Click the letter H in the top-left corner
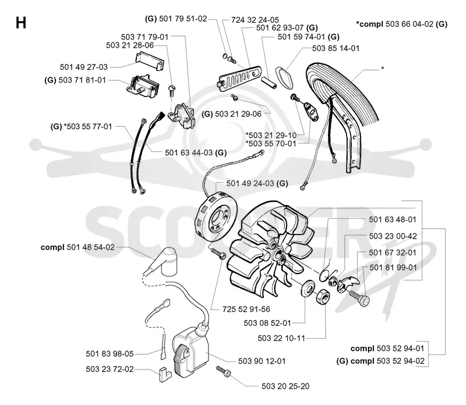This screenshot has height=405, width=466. pyautogui.click(x=21, y=23)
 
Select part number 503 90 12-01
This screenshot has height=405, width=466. pyautogui.click(x=262, y=361)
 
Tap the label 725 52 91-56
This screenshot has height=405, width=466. pyautogui.click(x=246, y=309)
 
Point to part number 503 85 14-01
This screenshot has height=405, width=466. pyautogui.click(x=336, y=48)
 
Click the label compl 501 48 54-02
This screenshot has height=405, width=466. pyautogui.click(x=77, y=247)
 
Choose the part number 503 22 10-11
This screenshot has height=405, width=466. pyautogui.click(x=281, y=338)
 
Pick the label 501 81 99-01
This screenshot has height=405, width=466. pyautogui.click(x=393, y=268)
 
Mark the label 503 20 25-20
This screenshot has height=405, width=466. pyautogui.click(x=285, y=386)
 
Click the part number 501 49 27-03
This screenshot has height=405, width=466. pyautogui.click(x=83, y=67)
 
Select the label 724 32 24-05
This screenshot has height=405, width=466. pyautogui.click(x=255, y=20)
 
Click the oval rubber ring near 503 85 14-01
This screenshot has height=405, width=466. pyautogui.click(x=284, y=77)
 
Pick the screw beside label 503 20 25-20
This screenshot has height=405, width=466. pyautogui.click(x=224, y=371)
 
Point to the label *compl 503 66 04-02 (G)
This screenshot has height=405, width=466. pyautogui.click(x=401, y=24)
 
